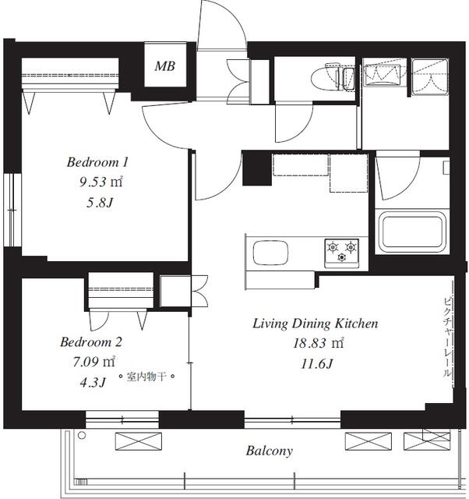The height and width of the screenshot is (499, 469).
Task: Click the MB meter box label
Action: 164,66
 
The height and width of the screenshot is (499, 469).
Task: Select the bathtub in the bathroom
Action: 412,232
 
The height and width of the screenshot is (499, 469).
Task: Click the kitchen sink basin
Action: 270,253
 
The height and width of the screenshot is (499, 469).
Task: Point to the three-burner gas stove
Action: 341,253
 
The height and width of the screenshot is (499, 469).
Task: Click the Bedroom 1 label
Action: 97,162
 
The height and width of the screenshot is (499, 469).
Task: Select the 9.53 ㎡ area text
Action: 100,182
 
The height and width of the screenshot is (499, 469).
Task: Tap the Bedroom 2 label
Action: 91,342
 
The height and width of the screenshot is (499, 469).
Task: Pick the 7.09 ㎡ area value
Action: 93,362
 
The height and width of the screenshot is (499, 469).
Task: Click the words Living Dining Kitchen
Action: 316,324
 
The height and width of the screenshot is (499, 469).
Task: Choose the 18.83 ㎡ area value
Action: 318,343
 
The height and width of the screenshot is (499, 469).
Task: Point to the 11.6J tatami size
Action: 316,364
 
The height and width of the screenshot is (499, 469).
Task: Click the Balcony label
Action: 269,451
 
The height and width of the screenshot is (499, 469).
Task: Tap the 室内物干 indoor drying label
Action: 146,377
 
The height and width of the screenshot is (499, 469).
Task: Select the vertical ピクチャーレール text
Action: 447,338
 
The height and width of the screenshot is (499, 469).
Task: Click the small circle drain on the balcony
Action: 82,435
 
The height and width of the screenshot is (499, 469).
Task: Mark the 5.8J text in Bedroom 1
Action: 100,203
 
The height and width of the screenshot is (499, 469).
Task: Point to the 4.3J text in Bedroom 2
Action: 93,382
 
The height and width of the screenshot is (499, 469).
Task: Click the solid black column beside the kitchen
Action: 257,168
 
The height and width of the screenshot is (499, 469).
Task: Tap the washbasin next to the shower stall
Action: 383,76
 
